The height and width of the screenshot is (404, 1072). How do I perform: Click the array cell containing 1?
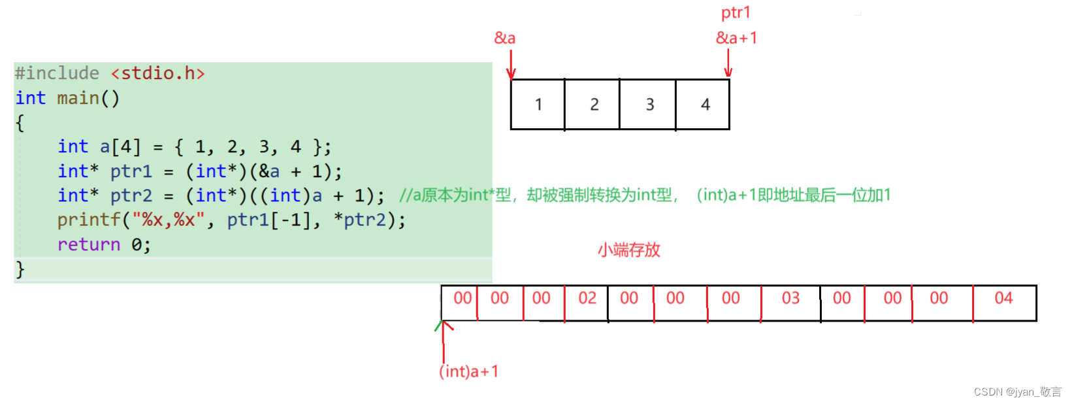point(538,105)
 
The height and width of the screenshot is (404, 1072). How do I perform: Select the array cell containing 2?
point(593,105)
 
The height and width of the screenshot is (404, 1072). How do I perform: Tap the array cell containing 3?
point(649,105)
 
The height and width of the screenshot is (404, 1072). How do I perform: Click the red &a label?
point(505,38)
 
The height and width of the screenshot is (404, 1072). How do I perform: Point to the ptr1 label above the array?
point(736,12)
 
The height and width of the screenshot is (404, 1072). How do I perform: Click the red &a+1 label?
point(736,38)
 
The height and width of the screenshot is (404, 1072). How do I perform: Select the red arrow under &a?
point(511,64)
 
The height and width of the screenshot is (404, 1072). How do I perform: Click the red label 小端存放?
point(628,250)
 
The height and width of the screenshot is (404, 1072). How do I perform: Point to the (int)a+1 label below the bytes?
point(468,371)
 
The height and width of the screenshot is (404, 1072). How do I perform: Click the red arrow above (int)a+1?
point(444,340)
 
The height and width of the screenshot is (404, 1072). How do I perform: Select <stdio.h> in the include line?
point(157,73)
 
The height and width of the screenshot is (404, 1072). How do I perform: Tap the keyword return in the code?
point(89,244)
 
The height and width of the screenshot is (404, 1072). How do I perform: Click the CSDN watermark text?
point(1017,392)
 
